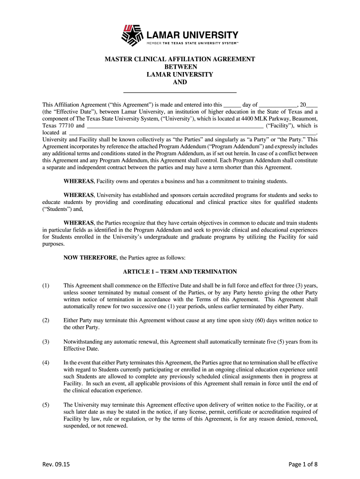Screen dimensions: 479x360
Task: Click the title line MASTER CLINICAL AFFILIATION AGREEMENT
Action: click(180, 59)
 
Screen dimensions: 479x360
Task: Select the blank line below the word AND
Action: click(180, 92)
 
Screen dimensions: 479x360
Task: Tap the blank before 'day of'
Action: click(232, 105)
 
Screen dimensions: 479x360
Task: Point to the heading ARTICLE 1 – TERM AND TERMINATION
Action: click(180, 272)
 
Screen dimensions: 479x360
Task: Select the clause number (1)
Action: click(46, 285)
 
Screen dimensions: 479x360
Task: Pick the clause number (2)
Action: click(46, 320)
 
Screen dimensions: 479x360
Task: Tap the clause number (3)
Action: click(46, 341)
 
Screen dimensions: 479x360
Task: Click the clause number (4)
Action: click(46, 363)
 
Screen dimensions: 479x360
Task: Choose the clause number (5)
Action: click(46, 405)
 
